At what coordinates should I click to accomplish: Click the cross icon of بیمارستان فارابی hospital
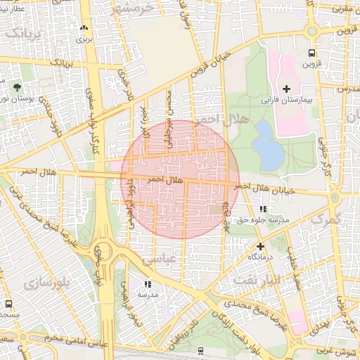coord(286,88)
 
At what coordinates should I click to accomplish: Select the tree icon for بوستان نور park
coord(15,87)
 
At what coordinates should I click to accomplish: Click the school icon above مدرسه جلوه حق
coord(263,209)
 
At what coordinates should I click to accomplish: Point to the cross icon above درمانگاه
coord(261,246)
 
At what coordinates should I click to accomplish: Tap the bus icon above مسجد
coord(8,304)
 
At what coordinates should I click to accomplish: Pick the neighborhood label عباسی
coord(160,259)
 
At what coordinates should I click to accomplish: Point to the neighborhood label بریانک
coord(22,34)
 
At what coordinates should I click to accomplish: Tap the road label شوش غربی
coord(333,348)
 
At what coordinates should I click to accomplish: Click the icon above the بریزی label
coord(84,28)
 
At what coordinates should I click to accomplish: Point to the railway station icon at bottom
coord(202,349)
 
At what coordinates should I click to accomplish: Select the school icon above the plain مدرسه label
coord(148,284)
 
